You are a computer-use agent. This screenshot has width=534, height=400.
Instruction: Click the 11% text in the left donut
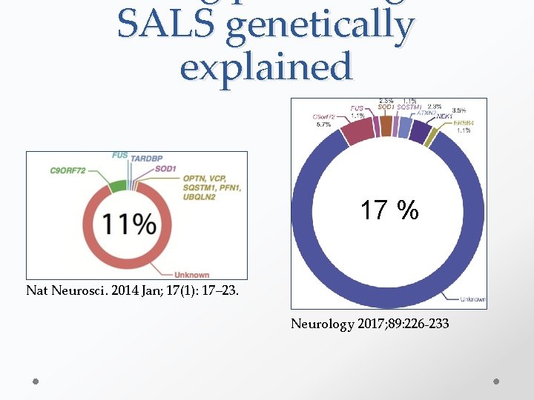click(130, 224)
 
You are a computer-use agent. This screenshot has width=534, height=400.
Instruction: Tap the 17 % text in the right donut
click(389, 210)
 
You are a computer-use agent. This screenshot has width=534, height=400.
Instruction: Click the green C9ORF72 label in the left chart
click(76, 170)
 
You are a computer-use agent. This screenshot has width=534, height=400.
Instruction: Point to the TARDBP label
click(151, 159)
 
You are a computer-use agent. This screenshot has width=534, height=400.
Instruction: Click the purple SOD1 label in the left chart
click(165, 169)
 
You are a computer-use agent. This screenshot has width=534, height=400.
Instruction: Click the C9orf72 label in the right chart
click(324, 117)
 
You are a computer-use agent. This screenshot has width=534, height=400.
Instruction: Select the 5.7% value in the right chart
click(324, 124)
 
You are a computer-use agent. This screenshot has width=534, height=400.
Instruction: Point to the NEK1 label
click(445, 116)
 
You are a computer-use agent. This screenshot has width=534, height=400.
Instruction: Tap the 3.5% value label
click(458, 110)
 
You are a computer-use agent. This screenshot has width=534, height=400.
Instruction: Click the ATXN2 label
click(426, 113)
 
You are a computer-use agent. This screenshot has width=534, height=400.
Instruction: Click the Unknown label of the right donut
click(472, 299)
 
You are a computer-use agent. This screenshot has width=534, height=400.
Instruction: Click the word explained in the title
click(266, 67)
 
